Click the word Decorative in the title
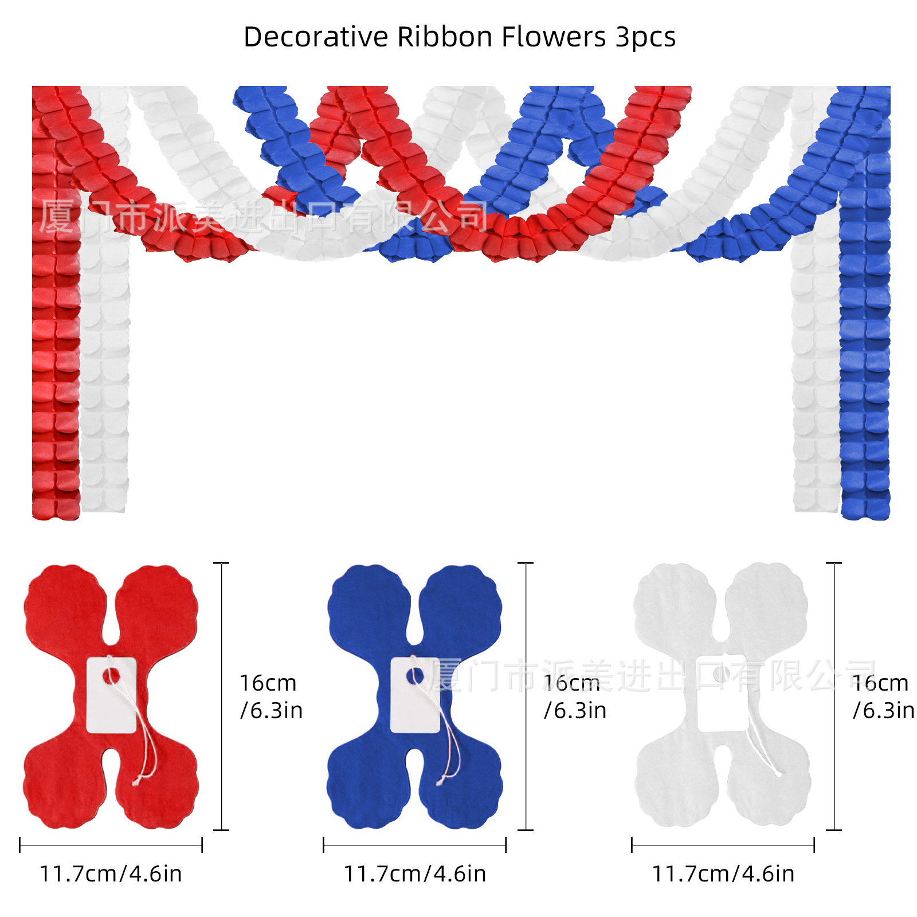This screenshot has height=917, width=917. [x=316, y=37]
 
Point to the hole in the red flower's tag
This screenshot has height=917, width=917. [x=111, y=676]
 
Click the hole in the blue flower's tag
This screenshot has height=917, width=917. [x=414, y=676]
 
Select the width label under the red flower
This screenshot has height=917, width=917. [x=111, y=874]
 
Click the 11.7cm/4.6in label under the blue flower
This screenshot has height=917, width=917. [x=414, y=874]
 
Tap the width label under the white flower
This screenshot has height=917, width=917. [x=723, y=874]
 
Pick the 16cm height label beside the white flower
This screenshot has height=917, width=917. [x=883, y=696]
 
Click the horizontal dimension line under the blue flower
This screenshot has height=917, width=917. [x=414, y=845]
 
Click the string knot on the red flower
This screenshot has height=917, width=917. [x=136, y=781]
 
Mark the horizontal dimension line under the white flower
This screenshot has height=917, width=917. [x=723, y=845]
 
